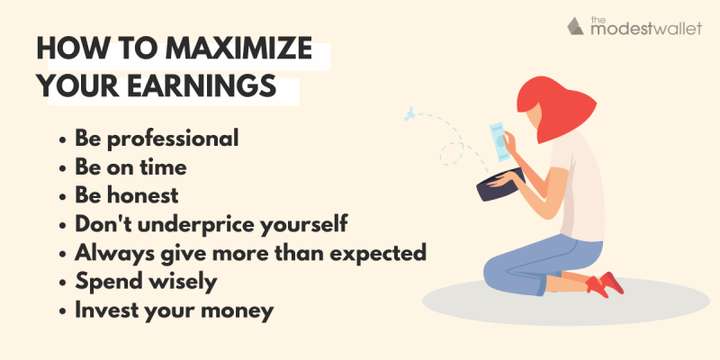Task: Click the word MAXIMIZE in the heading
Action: [x=238, y=49]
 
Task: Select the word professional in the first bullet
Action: [x=173, y=139]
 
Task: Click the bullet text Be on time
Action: [x=130, y=167]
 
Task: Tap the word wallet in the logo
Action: [x=676, y=29]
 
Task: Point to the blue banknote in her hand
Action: [x=499, y=141]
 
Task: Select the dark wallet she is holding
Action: [x=500, y=184]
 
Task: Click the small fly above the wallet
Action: [x=409, y=113]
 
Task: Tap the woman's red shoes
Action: [x=605, y=284]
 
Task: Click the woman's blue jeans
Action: [x=542, y=262]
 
